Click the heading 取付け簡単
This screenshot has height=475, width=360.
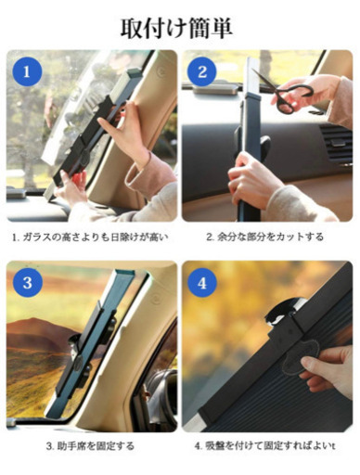tap(176, 29)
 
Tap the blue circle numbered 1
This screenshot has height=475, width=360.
tap(27, 71)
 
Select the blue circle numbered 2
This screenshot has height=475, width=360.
tap(202, 71)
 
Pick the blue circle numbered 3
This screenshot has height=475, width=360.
tap(27, 283)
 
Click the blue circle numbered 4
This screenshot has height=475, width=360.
tap(202, 283)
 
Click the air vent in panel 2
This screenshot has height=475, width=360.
tap(337, 143)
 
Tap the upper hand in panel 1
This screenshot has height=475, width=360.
tap(127, 130)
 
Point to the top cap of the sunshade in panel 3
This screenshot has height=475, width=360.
tap(125, 273)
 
